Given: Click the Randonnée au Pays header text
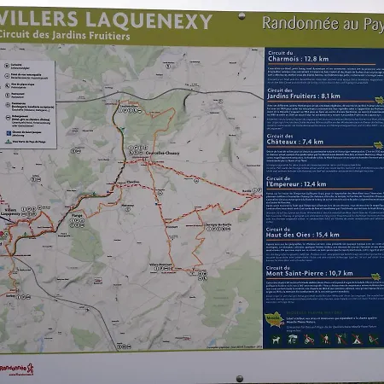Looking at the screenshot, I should click(x=322, y=23).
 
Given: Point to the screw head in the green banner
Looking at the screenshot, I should click(x=241, y=16).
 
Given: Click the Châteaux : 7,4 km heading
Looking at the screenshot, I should click(x=295, y=140).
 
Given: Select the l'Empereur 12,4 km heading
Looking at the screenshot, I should click(x=296, y=183).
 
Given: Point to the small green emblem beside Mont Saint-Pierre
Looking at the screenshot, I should click(x=375, y=276).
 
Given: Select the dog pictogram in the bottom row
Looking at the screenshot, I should click(x=276, y=340).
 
